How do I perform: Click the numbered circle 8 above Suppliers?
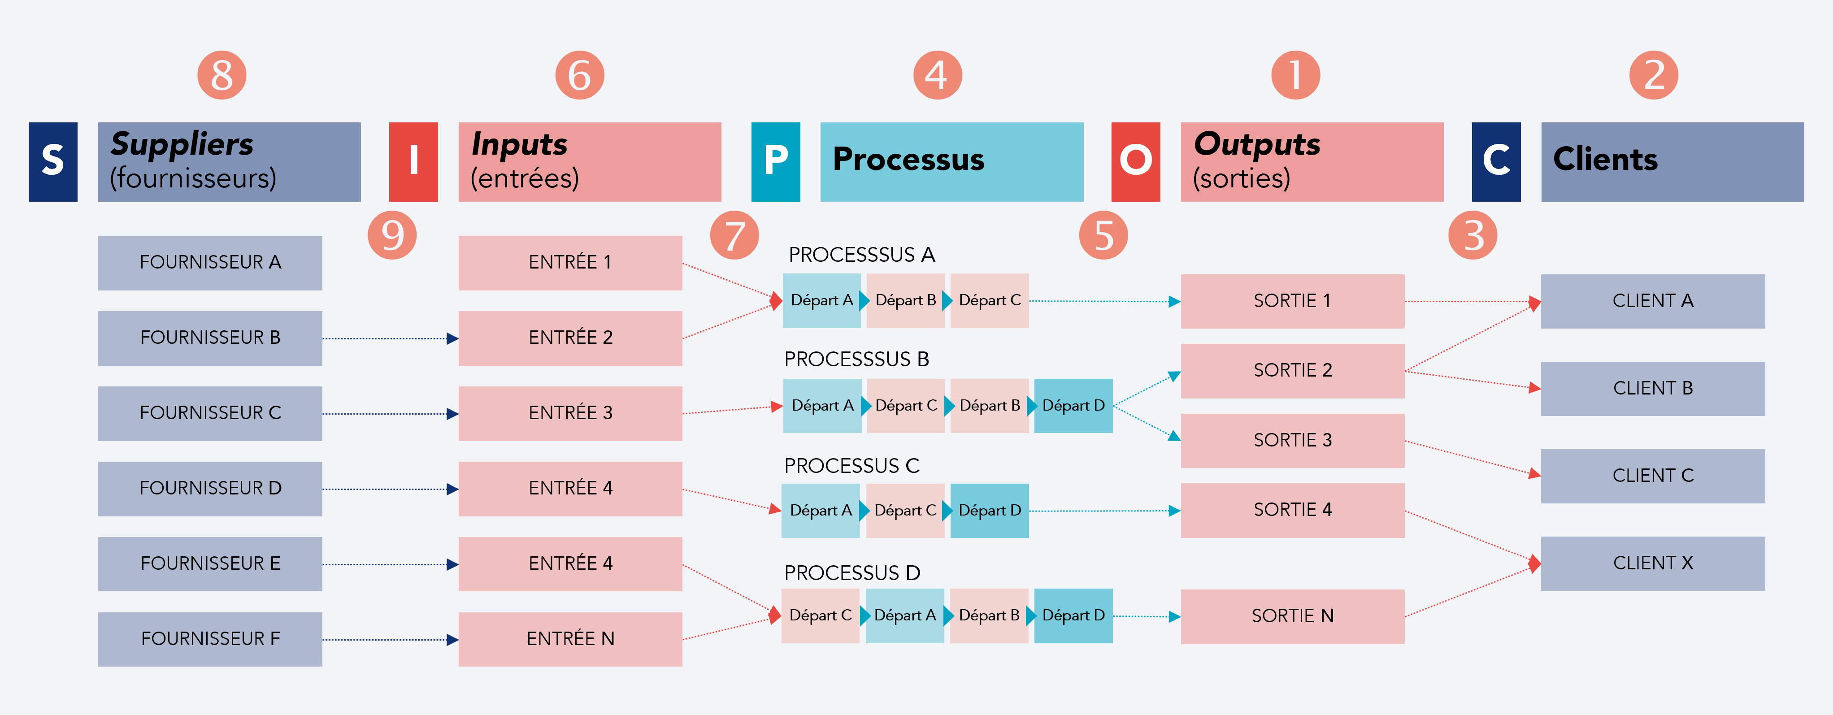click(222, 75)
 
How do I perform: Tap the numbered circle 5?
click(1103, 235)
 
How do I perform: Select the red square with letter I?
click(413, 161)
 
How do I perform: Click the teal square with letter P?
click(776, 161)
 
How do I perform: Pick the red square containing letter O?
click(1136, 161)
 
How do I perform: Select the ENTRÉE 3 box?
click(570, 412)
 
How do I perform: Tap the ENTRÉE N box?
click(570, 638)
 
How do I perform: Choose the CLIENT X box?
click(1652, 563)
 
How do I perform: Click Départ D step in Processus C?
click(989, 510)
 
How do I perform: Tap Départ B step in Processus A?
click(905, 300)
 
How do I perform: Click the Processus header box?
click(951, 161)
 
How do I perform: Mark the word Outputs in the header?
click(1257, 144)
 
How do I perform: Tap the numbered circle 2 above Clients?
click(1653, 75)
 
